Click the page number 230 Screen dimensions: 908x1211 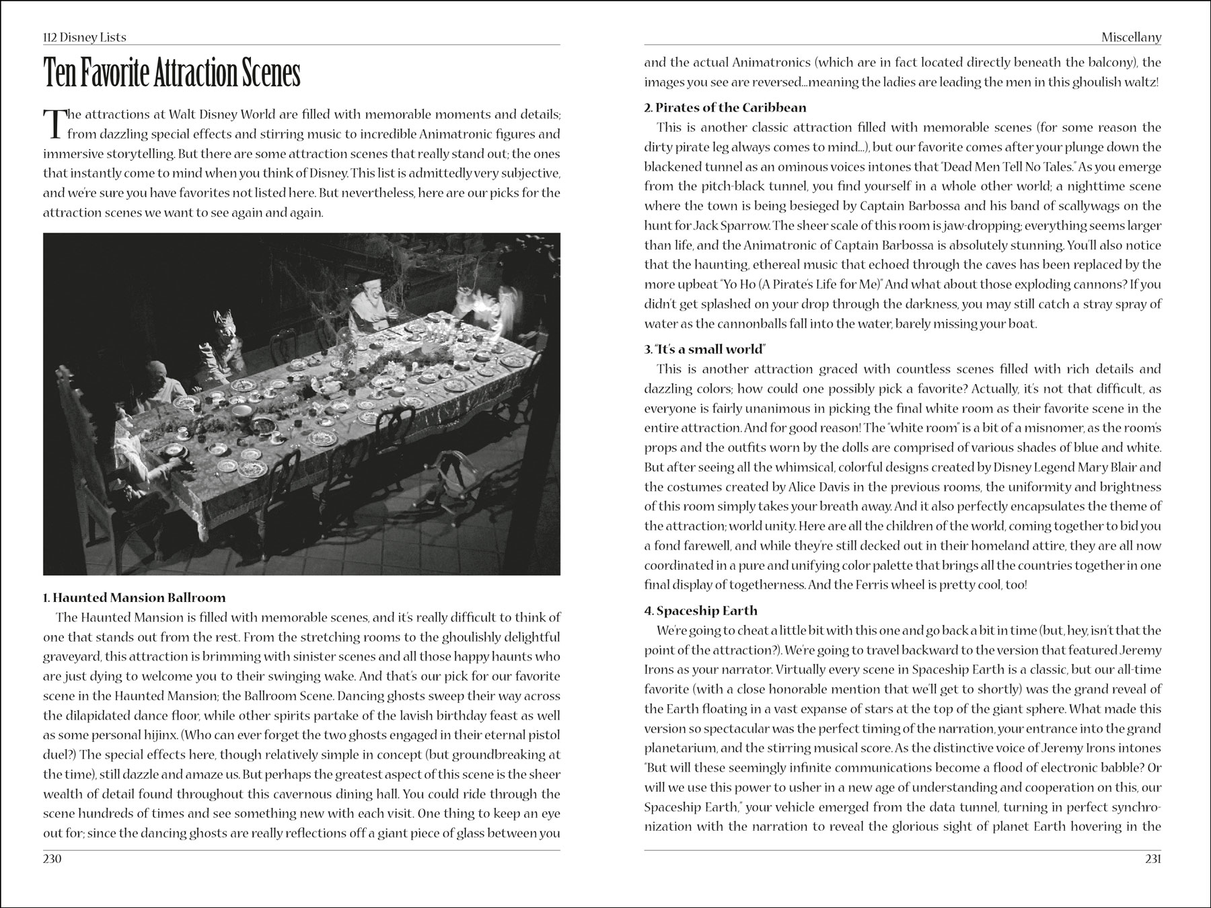tap(52, 859)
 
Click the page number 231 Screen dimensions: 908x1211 tap(1151, 859)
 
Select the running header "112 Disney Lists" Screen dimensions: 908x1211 tap(84, 37)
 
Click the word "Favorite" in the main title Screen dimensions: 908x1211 tap(114, 74)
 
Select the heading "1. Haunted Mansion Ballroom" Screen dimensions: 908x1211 tap(135, 597)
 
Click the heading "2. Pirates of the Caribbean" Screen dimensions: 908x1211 tap(725, 107)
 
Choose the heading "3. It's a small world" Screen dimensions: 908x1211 tap(706, 349)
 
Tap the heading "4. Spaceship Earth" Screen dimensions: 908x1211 tap(700, 611)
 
